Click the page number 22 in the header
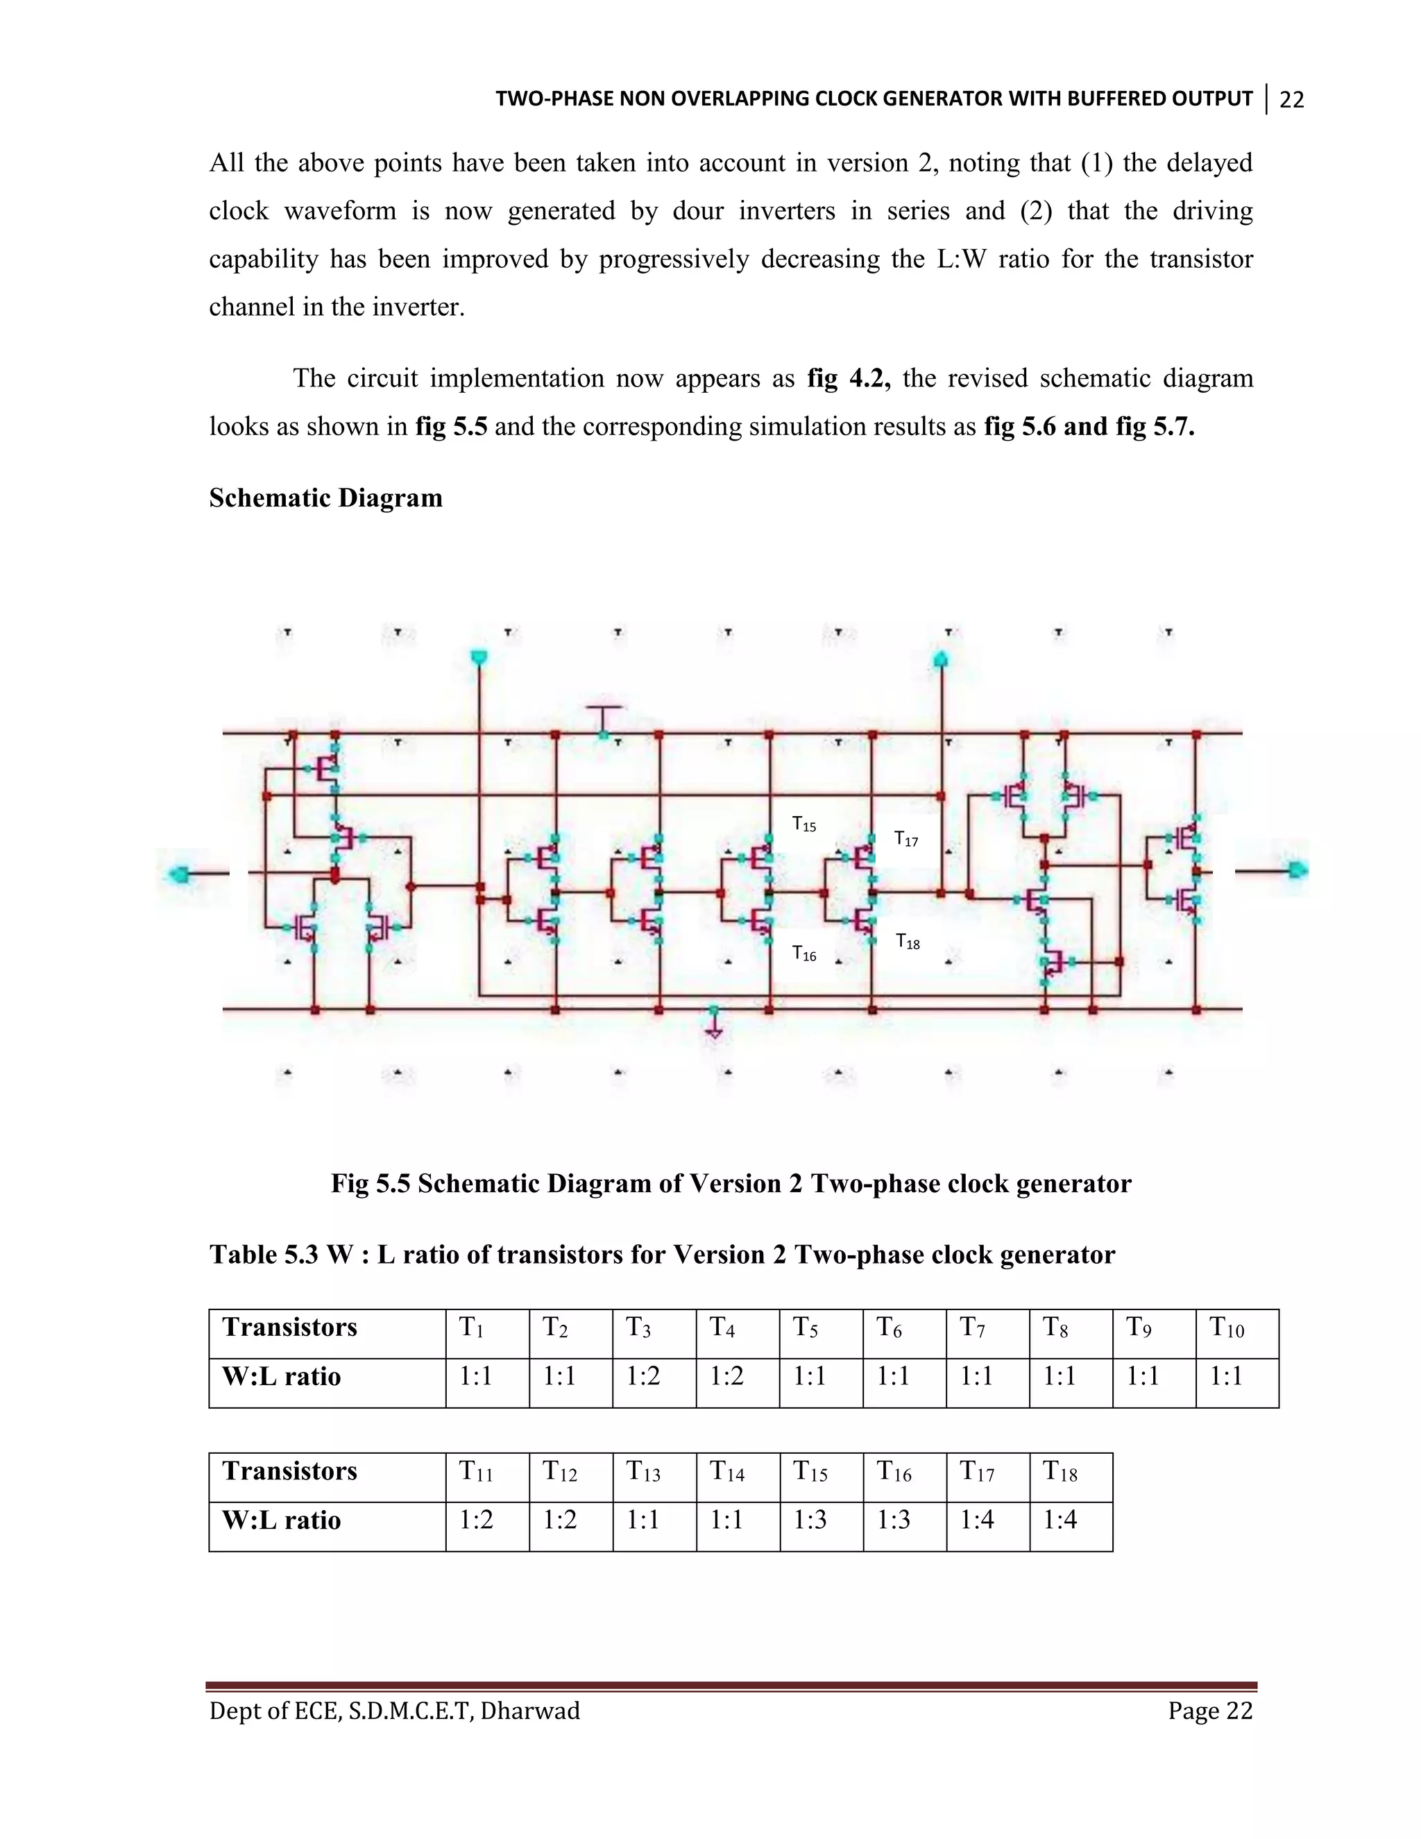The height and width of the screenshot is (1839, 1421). click(1291, 99)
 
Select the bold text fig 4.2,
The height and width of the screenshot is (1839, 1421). click(849, 379)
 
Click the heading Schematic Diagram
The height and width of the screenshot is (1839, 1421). click(326, 498)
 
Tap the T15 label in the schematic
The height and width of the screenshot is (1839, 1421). click(804, 824)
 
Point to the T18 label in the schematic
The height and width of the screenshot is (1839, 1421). click(908, 942)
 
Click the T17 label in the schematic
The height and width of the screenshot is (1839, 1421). click(905, 839)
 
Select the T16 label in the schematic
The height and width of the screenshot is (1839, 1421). click(804, 954)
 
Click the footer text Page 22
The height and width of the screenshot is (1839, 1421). click(1209, 1711)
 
